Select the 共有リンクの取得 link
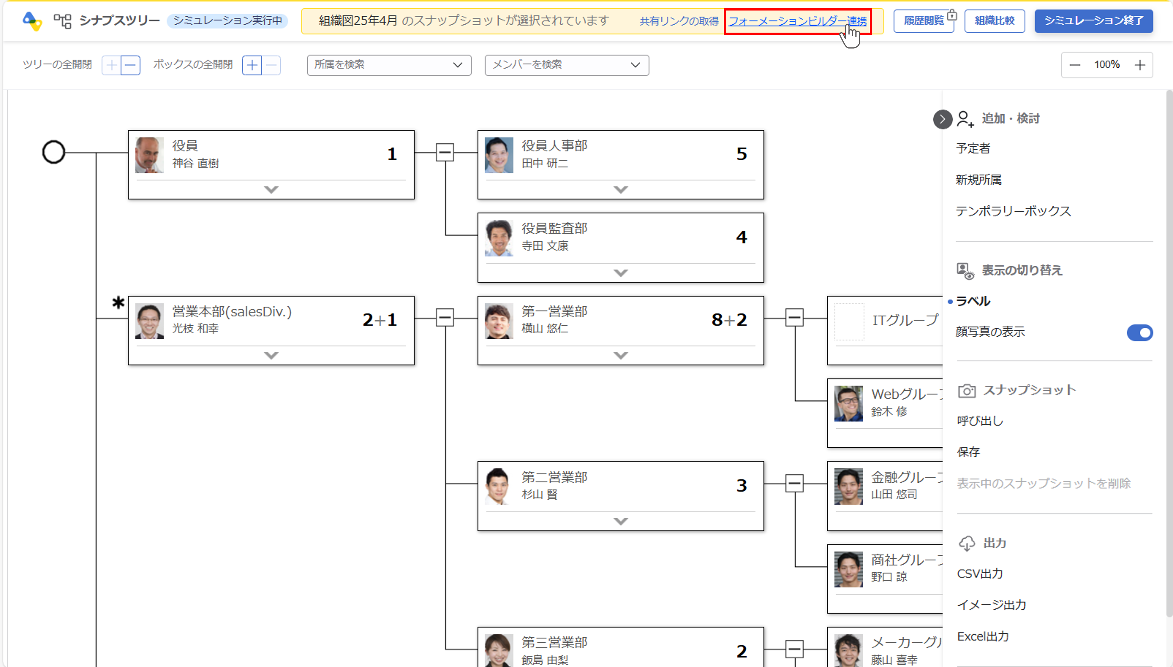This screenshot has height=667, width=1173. [679, 21]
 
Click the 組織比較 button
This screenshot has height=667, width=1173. [994, 21]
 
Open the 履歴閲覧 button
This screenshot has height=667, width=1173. [923, 21]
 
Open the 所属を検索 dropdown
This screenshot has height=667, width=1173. [389, 65]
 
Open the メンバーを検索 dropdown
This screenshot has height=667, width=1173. [566, 65]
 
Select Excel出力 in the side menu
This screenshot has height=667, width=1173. [982, 636]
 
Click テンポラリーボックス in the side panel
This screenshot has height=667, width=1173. [1013, 211]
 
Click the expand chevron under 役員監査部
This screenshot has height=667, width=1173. [620, 273]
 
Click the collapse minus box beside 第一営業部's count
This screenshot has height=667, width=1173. [794, 317]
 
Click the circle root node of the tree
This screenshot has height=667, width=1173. [54, 152]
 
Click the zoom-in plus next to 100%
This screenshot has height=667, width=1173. [1140, 65]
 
